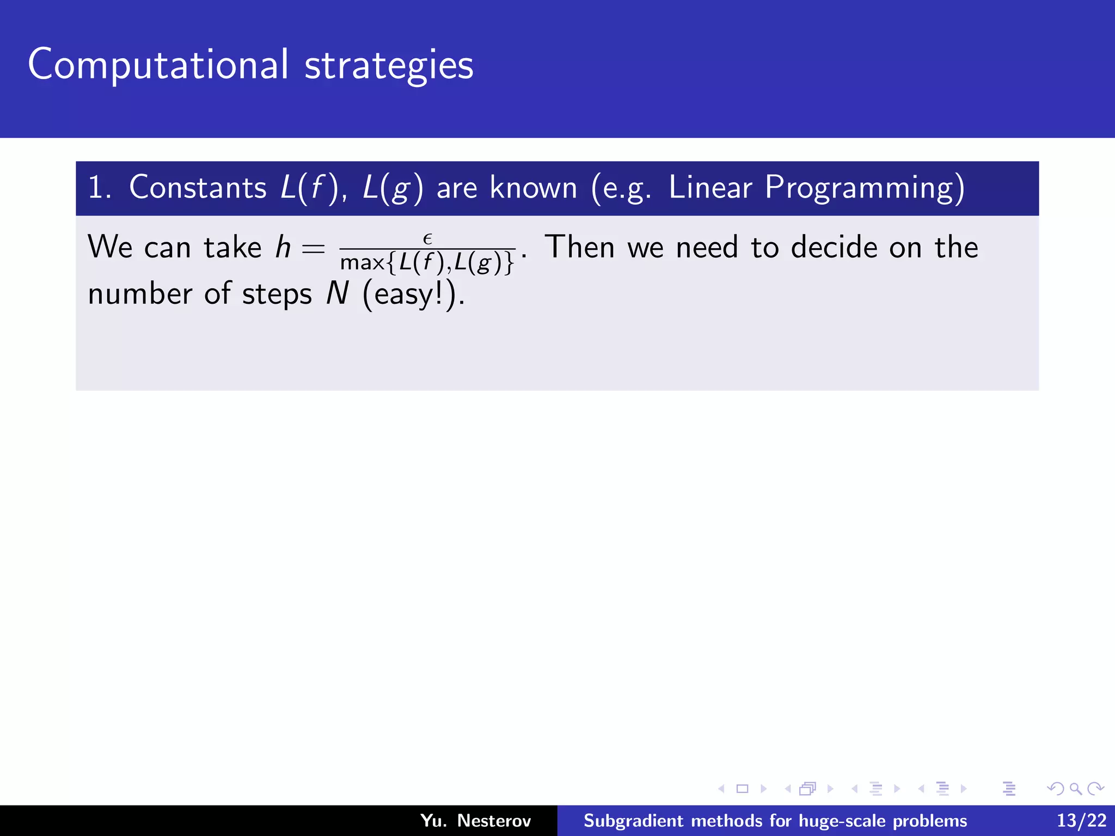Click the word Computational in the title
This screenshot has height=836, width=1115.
click(x=158, y=65)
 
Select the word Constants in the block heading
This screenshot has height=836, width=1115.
click(x=198, y=188)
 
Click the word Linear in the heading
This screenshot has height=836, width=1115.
click(x=710, y=188)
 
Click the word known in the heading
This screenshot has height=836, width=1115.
click(x=533, y=188)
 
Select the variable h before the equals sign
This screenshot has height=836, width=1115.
click(x=283, y=248)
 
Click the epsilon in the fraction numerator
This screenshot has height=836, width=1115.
click(x=427, y=238)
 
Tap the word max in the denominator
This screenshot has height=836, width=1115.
click(x=362, y=263)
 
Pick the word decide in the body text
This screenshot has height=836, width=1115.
click(x=834, y=248)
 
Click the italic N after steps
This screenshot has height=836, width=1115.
click(x=337, y=294)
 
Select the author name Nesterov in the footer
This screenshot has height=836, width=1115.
click(x=493, y=820)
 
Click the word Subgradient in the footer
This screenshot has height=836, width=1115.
click(x=633, y=821)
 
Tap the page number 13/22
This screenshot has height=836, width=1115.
click(x=1081, y=820)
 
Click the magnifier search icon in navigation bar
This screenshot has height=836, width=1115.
click(x=1075, y=789)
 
